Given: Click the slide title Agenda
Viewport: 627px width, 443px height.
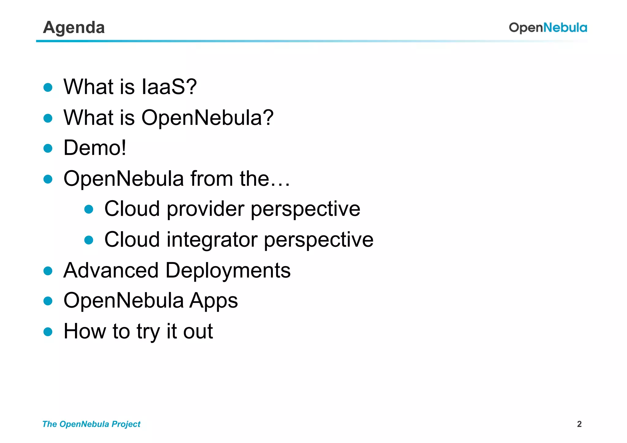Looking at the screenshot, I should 74,28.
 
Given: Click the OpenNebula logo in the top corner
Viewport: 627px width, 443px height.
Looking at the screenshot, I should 548,28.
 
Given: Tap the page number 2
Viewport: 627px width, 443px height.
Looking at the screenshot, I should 579,424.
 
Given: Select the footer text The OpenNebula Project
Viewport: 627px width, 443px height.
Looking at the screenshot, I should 91,424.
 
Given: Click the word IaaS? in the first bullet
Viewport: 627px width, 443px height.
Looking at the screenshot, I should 169,87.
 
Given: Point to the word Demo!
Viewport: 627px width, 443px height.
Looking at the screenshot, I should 95,148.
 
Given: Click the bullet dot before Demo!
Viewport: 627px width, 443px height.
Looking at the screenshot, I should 48,148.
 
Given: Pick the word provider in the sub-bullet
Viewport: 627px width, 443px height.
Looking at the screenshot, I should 205,209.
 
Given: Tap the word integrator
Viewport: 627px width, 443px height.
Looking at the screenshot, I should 212,239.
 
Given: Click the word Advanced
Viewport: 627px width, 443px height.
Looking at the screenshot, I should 111,270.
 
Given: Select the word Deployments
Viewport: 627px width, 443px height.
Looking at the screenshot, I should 228,270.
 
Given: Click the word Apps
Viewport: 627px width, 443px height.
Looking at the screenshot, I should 213,301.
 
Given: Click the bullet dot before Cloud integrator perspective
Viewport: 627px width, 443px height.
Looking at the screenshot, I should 89,240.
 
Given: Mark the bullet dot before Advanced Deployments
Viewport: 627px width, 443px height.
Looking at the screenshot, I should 48,271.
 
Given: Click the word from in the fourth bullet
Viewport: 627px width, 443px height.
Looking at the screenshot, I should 212,178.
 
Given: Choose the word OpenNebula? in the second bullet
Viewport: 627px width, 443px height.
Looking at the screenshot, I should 207,118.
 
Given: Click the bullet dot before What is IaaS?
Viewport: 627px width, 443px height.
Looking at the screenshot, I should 48,88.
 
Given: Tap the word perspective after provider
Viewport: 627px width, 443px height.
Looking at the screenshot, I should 305,209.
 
